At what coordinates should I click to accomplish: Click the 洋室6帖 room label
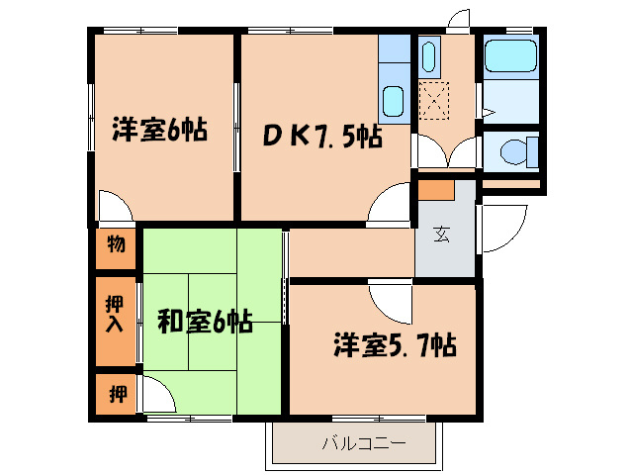(x=159, y=130)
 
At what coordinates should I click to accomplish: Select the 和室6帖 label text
(x=205, y=322)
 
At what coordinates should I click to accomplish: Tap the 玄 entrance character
(x=442, y=236)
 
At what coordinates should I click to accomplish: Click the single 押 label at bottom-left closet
(x=117, y=395)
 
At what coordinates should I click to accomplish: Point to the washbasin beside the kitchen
(x=429, y=57)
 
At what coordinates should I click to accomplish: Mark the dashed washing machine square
(x=434, y=100)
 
